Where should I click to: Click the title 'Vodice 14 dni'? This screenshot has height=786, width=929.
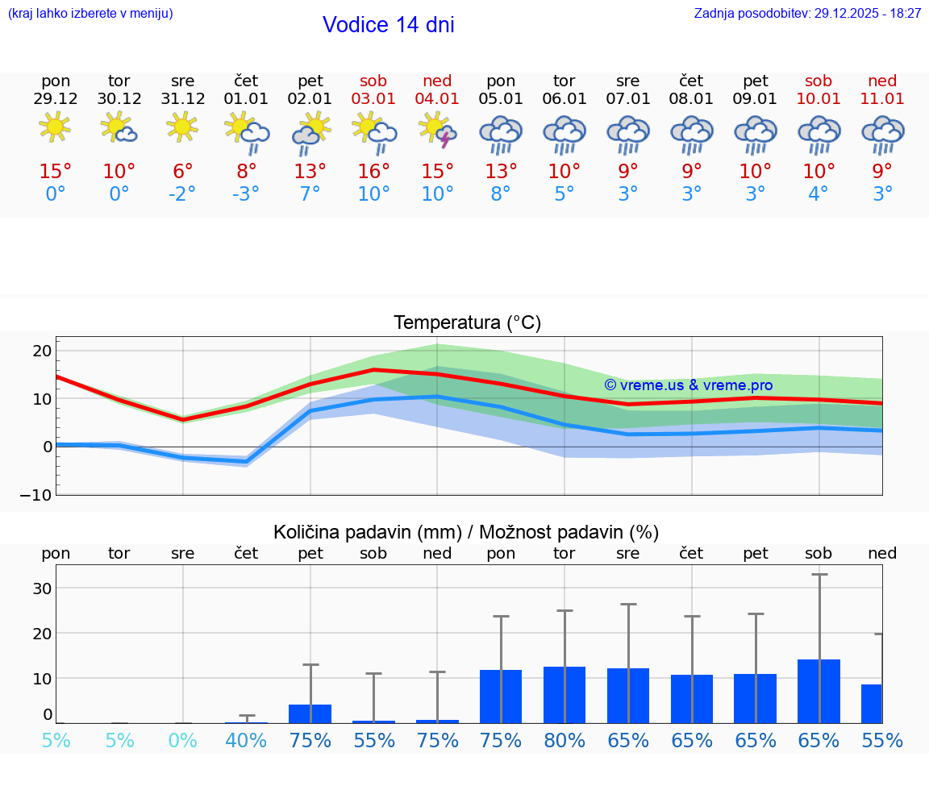[x=388, y=25]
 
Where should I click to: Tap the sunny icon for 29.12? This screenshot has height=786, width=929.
[x=55, y=127]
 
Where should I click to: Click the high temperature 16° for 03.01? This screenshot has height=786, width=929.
[x=373, y=172]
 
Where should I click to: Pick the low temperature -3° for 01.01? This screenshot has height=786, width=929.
[x=246, y=194]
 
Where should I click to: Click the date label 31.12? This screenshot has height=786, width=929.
[x=183, y=99]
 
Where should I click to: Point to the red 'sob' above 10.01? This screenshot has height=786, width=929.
[x=819, y=81]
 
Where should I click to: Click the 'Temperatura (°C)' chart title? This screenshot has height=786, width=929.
[x=467, y=323]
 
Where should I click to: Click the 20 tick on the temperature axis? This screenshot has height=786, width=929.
[x=42, y=351]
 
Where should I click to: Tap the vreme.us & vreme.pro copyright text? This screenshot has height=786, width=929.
[x=688, y=385]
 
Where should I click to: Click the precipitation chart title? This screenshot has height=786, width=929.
[x=466, y=532]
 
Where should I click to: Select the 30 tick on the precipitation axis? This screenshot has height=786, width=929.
[x=42, y=588]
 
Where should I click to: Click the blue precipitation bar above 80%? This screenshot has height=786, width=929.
[x=564, y=695]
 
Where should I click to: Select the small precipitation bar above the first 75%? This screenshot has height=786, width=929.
[x=310, y=713]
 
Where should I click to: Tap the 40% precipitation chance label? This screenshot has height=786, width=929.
[x=246, y=741]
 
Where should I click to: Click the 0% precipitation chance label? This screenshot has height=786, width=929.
[x=183, y=741]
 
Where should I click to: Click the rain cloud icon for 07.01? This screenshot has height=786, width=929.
[x=628, y=134]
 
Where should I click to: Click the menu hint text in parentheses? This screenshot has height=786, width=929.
[x=90, y=13]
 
